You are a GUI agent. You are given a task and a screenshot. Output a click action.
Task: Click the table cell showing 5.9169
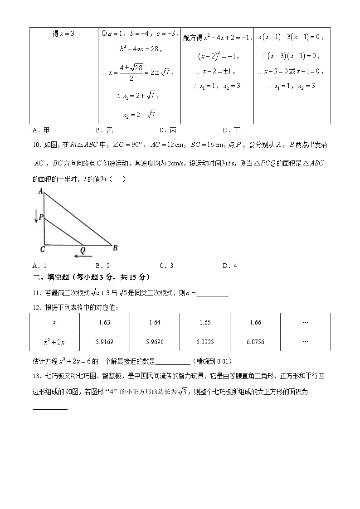104,342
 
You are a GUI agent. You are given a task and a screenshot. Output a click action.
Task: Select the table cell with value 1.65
205,322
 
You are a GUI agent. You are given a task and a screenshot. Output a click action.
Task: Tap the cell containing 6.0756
255,342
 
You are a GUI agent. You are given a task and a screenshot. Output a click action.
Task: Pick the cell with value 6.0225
205,342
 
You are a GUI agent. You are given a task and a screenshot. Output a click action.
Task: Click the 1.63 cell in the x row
104,322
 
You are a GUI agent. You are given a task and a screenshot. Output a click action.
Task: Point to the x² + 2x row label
54,342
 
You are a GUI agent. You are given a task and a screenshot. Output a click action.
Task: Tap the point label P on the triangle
40,217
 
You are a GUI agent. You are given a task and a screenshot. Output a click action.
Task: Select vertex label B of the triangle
115,247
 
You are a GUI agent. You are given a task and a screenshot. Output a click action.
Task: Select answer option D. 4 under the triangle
230,266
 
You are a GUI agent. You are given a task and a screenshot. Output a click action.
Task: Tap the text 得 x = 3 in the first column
63,34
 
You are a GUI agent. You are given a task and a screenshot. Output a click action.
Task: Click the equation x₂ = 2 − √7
139,114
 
